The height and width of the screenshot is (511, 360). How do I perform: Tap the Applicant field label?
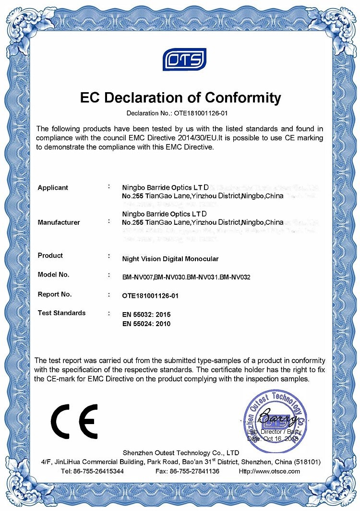point(53,188)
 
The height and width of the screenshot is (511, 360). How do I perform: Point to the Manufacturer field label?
point(59,222)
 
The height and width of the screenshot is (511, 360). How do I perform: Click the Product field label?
point(50,255)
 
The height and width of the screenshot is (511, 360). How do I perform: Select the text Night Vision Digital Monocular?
point(170,259)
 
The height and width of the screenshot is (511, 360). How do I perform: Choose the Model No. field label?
point(53,275)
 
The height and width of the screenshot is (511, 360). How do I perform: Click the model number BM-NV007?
point(138,277)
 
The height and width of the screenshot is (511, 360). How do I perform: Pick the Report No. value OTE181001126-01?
point(150,296)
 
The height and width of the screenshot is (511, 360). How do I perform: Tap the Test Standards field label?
point(61,313)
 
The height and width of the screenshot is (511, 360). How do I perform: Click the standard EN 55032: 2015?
point(146,315)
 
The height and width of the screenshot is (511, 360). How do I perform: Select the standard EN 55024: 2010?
point(146,324)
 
